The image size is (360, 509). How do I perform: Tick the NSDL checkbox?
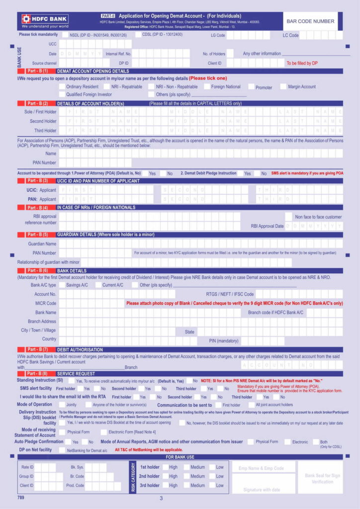coord(66,35)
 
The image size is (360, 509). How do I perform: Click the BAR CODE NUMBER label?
coord(310,21)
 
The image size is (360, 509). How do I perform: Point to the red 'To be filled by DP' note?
coord(302,63)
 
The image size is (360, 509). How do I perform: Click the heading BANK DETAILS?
coord(73,270)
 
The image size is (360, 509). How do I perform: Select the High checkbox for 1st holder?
coord(165,467)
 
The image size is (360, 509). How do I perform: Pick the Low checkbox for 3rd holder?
coord(212,486)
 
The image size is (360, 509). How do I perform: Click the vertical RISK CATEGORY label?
coord(133,477)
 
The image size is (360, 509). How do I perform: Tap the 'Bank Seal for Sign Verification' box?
coord(322,478)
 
